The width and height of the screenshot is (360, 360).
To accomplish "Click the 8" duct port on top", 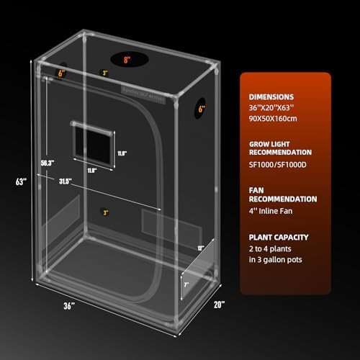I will click(x=126, y=60).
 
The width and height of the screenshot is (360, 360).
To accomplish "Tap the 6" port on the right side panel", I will click(x=202, y=110).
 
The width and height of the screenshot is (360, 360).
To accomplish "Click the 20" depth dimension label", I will click(x=219, y=305).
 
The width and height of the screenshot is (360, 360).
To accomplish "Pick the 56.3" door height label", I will click(x=48, y=162).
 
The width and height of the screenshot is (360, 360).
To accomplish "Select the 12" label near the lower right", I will click(x=199, y=247).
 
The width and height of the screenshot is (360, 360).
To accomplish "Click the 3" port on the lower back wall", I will click(x=106, y=212).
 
